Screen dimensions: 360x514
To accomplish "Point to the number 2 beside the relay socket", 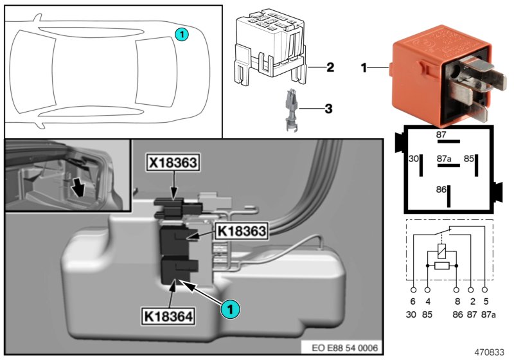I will (330, 66).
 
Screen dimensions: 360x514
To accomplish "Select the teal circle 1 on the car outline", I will (182, 34).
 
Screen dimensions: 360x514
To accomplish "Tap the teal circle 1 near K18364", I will (232, 310).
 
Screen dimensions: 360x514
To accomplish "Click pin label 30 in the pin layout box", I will (414, 159).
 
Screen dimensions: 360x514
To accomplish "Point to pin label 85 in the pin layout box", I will (470, 158).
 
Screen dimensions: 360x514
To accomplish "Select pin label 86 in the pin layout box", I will (441, 190).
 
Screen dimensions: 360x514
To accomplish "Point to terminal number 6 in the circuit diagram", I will (413, 300).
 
